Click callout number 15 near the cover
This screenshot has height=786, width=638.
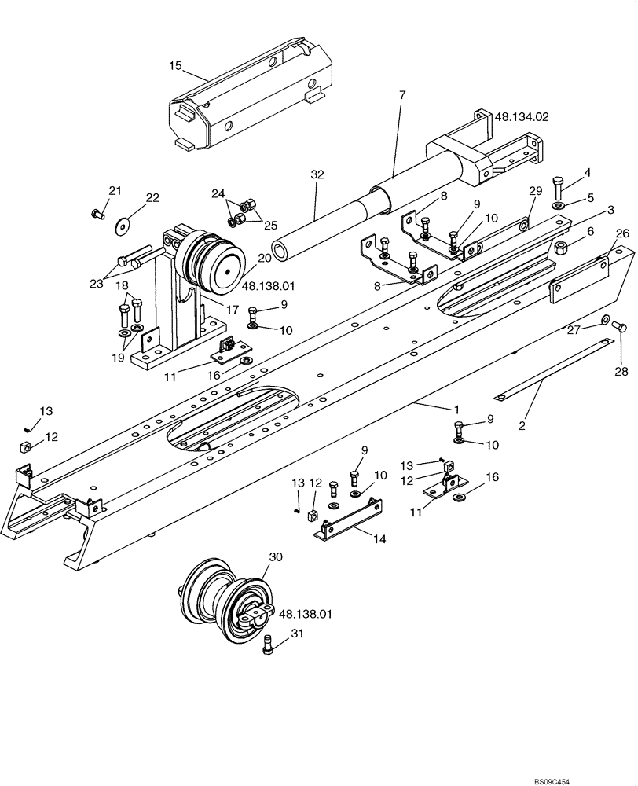[174, 66]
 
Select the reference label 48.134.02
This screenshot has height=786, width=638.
[521, 116]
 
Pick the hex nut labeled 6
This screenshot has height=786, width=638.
[561, 248]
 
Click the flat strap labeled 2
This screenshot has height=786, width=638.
[550, 362]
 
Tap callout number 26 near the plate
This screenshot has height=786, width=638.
[622, 233]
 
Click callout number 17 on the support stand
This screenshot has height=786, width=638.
[232, 310]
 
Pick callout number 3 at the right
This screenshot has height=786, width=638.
[610, 211]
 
